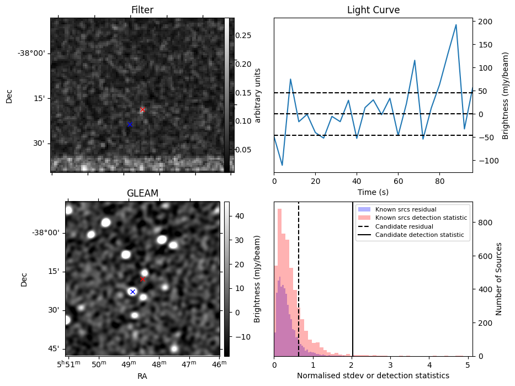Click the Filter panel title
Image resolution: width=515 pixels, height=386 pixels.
click(142, 10)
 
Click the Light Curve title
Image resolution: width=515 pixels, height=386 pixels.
click(373, 10)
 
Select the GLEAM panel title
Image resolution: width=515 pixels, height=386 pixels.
click(142, 193)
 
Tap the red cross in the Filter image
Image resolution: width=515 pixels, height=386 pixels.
click(142, 109)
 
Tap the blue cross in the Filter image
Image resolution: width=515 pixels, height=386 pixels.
click(130, 124)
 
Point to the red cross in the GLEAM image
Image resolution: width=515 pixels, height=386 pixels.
click(142, 279)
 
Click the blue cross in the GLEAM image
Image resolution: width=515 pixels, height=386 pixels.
click(132, 291)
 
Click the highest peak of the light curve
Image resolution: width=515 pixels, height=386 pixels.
click(456, 25)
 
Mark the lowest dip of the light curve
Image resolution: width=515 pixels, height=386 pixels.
click(282, 165)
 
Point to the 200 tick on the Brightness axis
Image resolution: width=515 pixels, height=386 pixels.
click(486, 22)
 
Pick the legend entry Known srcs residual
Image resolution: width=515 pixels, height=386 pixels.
click(406, 209)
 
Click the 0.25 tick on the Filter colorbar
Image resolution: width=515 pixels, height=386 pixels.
click(243, 35)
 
